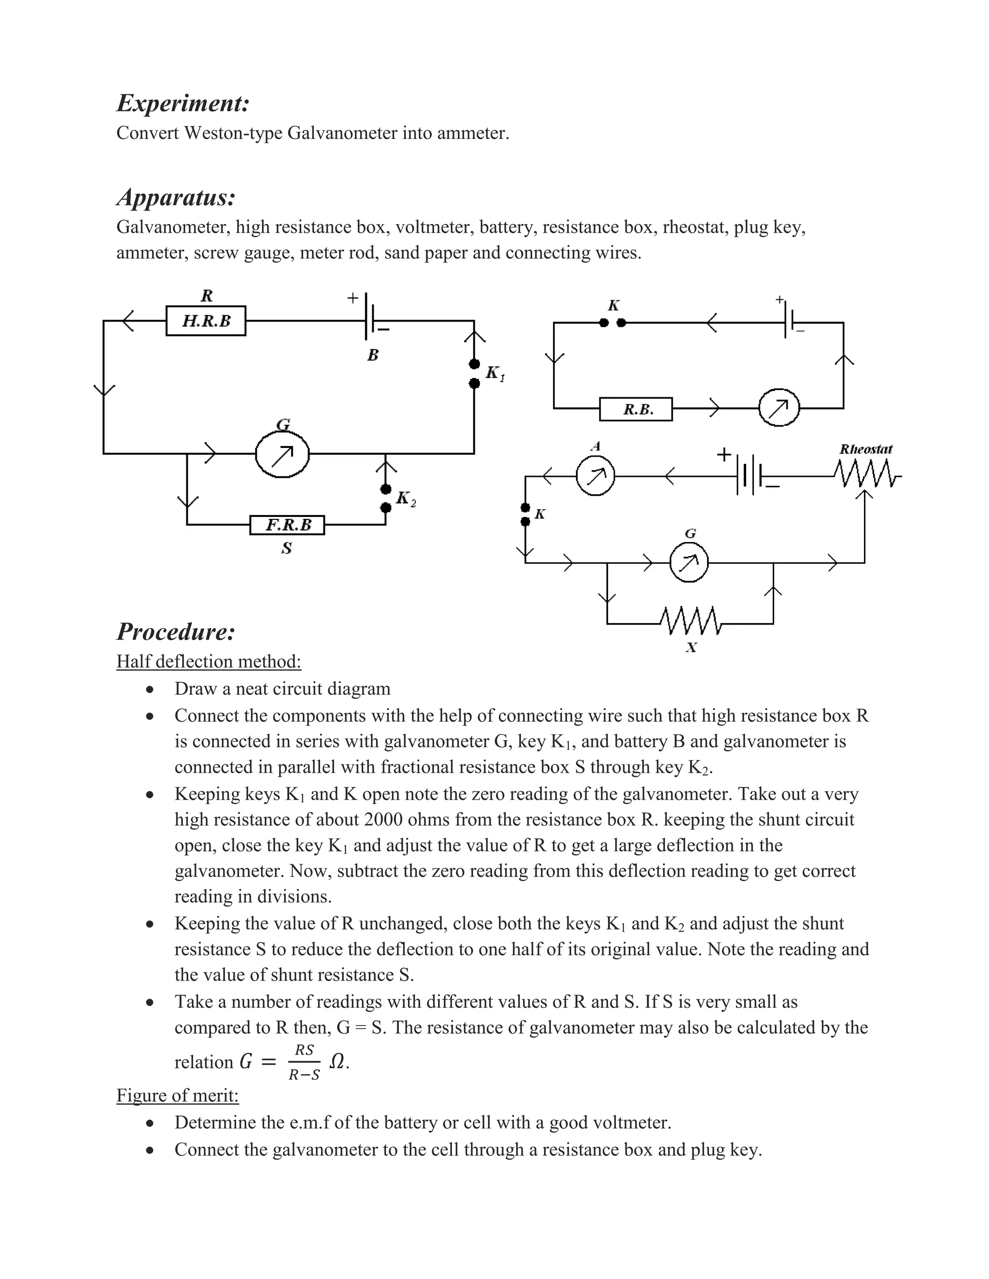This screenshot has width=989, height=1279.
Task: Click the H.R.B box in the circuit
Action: pyautogui.click(x=206, y=320)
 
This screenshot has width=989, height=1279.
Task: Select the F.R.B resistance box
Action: pyautogui.click(x=287, y=525)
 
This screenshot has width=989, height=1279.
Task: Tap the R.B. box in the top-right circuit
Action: pyautogui.click(x=636, y=409)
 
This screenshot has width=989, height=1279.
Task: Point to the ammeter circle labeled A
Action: pyautogui.click(x=595, y=477)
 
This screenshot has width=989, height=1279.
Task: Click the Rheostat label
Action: pyautogui.click(x=865, y=449)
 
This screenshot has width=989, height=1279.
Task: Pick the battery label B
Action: pyautogui.click(x=373, y=355)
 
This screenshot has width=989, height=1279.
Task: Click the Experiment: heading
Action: pyautogui.click(x=184, y=103)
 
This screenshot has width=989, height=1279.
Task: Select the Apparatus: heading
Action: pyautogui.click(x=176, y=197)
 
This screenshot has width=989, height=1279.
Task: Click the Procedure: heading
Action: pyautogui.click(x=176, y=631)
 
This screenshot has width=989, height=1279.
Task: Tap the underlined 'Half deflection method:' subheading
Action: pyautogui.click(x=209, y=661)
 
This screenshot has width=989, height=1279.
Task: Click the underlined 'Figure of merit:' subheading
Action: pyautogui.click(x=178, y=1095)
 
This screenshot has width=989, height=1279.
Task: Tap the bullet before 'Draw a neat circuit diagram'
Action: pyautogui.click(x=151, y=689)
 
